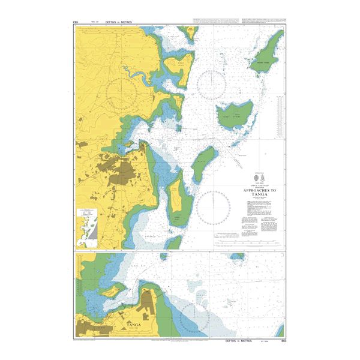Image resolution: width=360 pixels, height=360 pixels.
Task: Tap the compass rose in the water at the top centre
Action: [212, 85]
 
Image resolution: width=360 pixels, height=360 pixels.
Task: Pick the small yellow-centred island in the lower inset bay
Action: [113, 290]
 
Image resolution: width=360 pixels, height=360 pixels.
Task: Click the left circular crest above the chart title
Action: [257, 179]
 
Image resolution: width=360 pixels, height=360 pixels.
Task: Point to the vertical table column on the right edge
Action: [280, 120]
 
